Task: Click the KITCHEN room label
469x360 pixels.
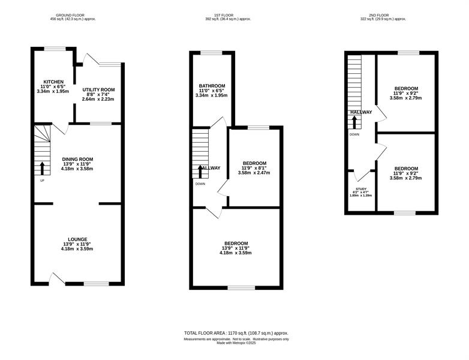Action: pos(53,82)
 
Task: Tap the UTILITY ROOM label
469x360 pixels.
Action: pos(98,90)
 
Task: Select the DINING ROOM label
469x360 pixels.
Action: pos(77,159)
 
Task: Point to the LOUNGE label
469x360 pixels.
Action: pos(77,239)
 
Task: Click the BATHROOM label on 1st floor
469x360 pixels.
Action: pos(212,86)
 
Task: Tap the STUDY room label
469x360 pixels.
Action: pos(361,189)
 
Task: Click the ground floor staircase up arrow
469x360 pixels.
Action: pos(42,169)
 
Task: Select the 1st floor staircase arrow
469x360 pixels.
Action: pos(200,172)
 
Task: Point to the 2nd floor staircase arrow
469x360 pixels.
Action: pos(354,122)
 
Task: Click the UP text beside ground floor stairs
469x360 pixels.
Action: pos(42,181)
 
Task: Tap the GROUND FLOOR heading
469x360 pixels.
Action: pos(70,15)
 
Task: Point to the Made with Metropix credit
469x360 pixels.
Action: pos(236,343)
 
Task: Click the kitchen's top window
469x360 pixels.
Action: pos(55,49)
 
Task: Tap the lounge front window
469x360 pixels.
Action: pos(97,284)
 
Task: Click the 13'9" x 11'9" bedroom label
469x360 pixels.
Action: pos(236,248)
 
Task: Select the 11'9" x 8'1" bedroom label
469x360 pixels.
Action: pos(254,168)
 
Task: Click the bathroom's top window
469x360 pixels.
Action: pos(212,53)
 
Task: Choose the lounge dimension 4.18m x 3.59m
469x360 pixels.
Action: pos(77,248)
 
